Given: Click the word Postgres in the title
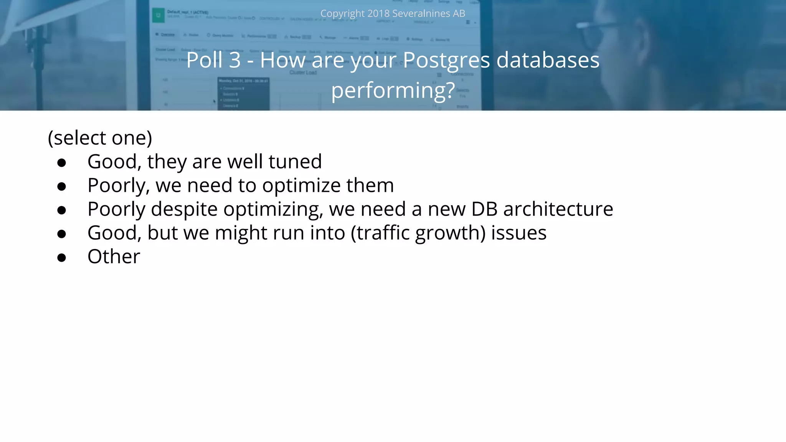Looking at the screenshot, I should [x=446, y=61].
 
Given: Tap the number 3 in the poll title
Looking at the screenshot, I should [x=235, y=60].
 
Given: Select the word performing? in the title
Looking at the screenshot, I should [x=393, y=91].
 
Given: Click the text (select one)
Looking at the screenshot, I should [x=100, y=138].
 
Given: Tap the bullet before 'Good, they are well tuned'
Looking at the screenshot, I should [x=61, y=163].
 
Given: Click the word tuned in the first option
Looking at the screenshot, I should [x=295, y=162].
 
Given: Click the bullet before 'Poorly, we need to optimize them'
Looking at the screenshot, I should [x=61, y=186].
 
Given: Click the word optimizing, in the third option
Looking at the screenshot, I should [x=273, y=210].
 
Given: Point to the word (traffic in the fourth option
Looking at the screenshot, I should [x=380, y=233].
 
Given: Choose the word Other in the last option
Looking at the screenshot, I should [x=114, y=257].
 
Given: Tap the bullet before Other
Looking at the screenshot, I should [x=61, y=257].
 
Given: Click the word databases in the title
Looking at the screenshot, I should [x=548, y=60].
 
